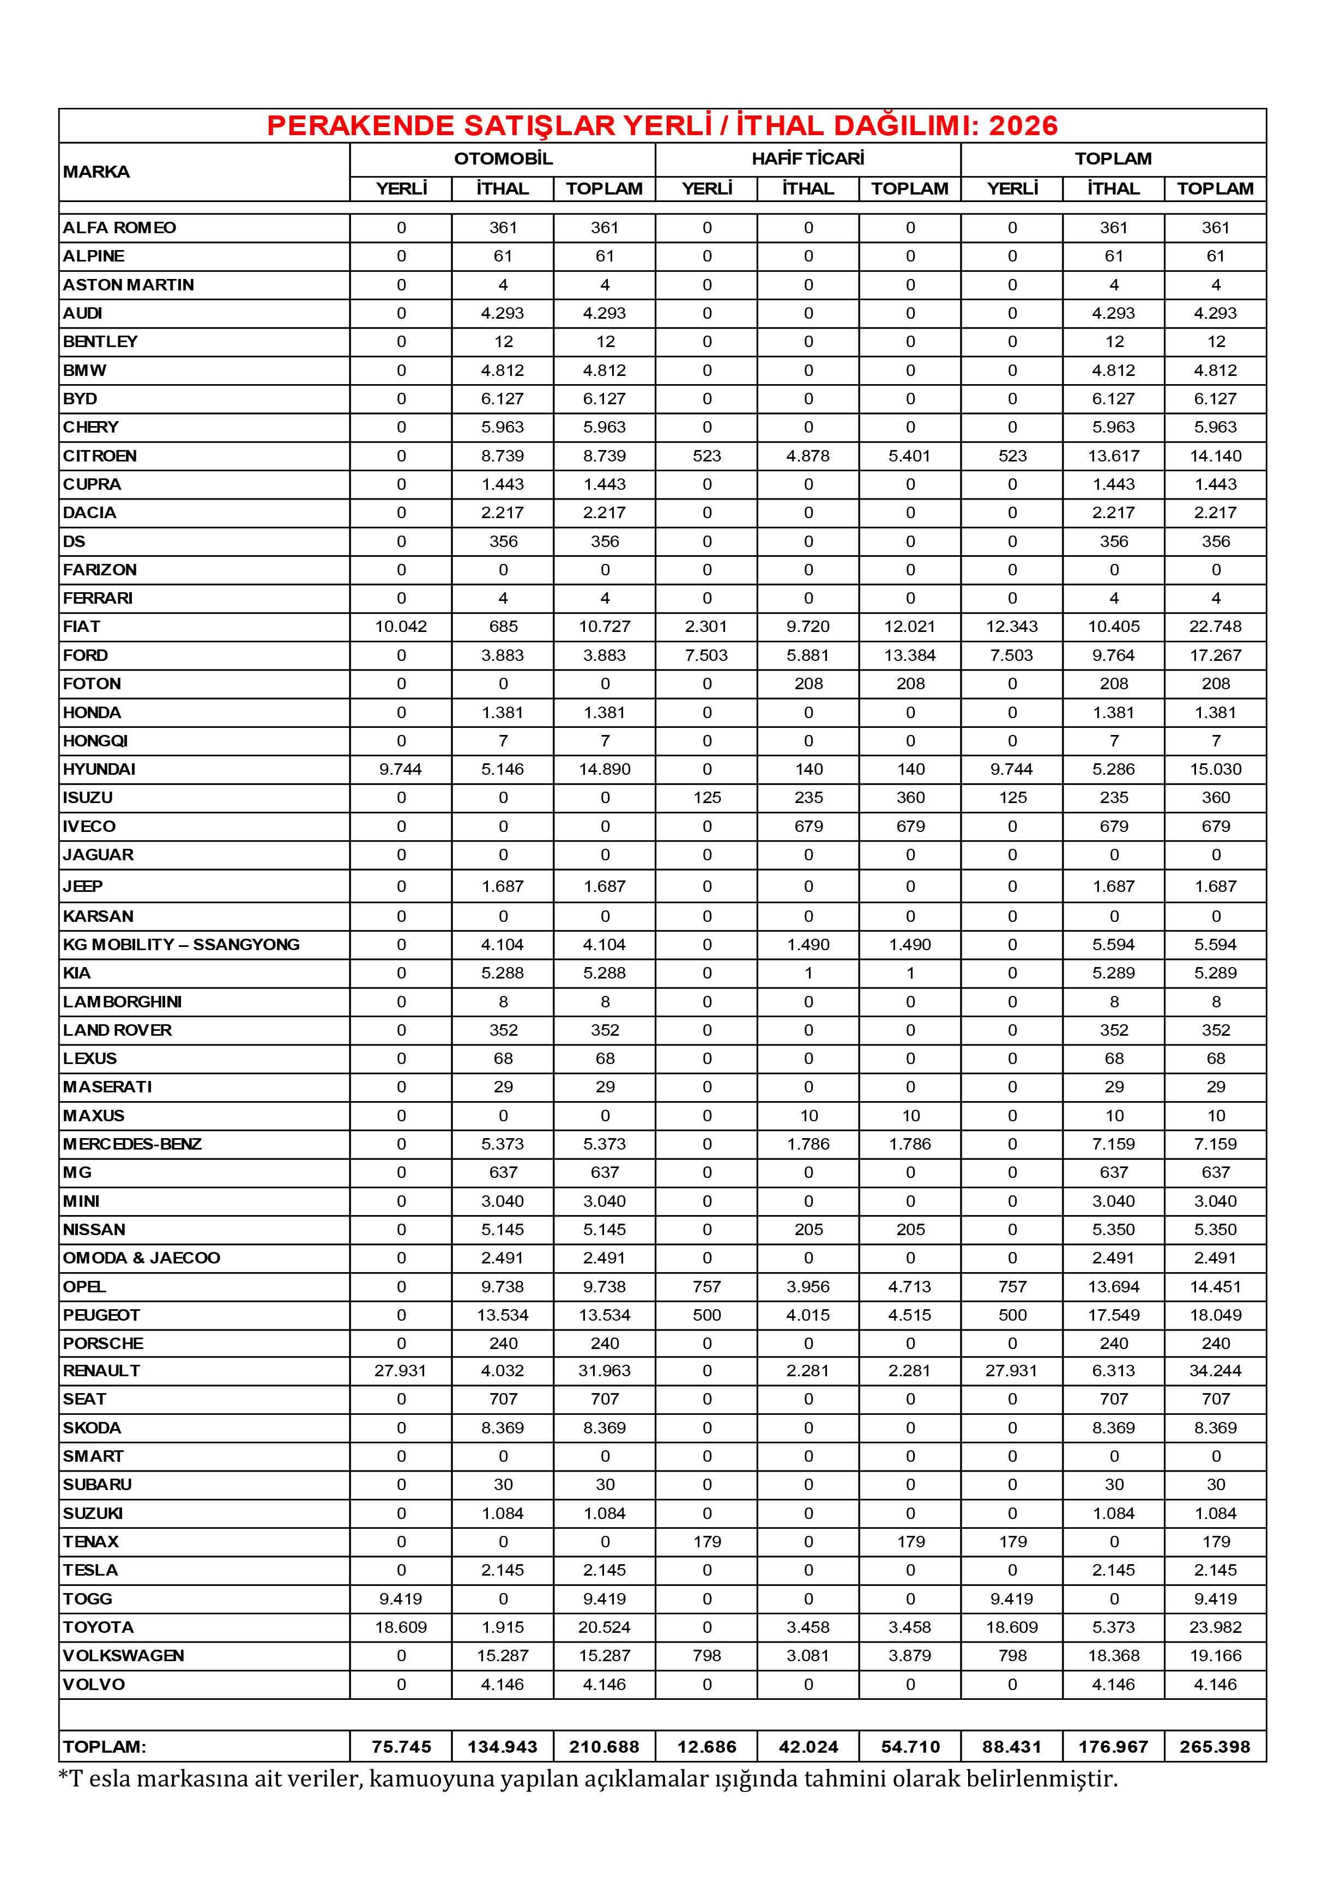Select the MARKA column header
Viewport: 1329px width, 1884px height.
tap(96, 172)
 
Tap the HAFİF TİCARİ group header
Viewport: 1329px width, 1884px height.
tap(808, 159)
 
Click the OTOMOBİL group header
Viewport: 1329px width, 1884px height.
tap(503, 159)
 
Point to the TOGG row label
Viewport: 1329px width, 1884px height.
tap(88, 1599)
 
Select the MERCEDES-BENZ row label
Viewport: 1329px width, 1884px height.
tap(132, 1144)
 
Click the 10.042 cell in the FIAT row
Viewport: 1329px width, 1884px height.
tap(401, 627)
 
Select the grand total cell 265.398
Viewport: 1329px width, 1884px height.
tap(1215, 1746)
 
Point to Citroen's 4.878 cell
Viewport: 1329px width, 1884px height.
tap(808, 456)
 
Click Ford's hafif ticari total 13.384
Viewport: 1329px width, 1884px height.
tap(910, 655)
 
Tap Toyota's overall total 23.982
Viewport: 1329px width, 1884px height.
tap(1215, 1627)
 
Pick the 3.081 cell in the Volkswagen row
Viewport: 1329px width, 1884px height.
tap(808, 1656)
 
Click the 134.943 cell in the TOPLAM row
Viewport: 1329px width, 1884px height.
tap(503, 1746)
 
